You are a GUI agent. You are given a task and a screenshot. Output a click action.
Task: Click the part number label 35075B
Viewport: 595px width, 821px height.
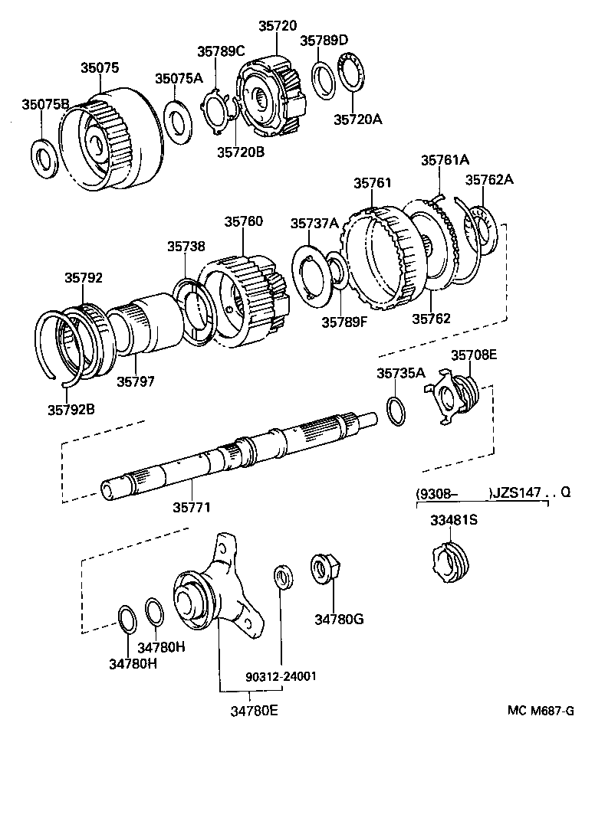(45, 104)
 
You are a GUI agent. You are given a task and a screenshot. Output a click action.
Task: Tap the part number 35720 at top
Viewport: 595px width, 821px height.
(277, 26)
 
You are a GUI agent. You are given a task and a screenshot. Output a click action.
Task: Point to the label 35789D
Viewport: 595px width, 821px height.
(324, 40)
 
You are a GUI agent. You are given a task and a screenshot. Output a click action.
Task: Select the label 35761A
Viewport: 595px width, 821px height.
(445, 160)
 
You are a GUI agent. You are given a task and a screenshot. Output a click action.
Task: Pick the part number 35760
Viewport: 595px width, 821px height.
(243, 221)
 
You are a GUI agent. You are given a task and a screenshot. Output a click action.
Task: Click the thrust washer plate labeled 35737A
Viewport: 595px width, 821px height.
(314, 271)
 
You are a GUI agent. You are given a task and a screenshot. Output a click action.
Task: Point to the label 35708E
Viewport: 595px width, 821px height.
(473, 355)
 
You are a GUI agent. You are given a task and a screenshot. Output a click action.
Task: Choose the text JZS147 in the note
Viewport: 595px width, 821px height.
(516, 493)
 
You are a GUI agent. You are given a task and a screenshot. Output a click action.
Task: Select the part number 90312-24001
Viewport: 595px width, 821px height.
(281, 677)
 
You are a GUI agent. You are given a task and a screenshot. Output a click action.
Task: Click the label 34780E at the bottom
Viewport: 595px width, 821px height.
(253, 710)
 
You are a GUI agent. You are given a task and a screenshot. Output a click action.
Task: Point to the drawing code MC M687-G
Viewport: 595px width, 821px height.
(540, 710)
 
